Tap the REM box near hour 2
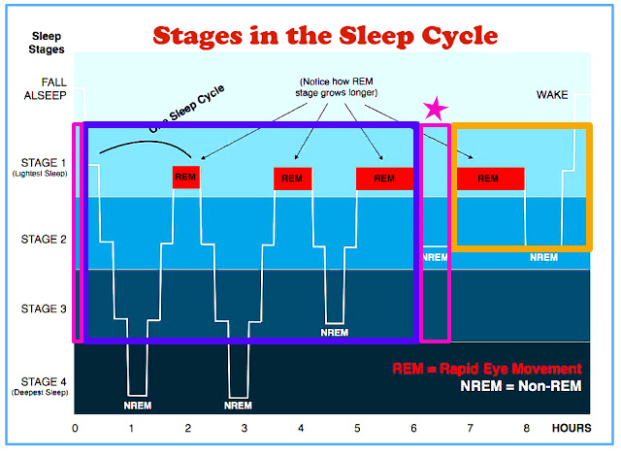point(185,178)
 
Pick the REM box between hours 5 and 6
point(384,179)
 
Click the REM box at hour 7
point(489,179)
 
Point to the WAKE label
point(552,95)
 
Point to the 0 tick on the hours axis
point(76,427)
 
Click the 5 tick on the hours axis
point(357,427)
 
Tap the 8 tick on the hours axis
point(527,427)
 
